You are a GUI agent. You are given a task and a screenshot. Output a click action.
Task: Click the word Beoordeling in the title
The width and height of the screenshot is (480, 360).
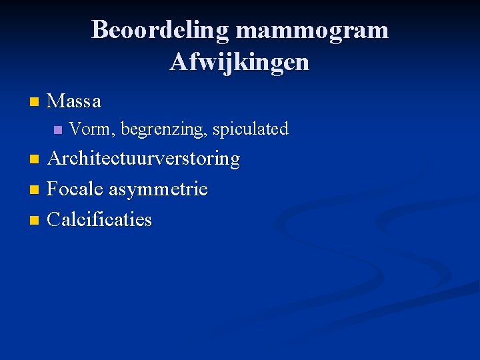(161, 30)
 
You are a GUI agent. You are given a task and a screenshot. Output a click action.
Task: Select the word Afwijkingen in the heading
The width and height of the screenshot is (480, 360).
(240, 62)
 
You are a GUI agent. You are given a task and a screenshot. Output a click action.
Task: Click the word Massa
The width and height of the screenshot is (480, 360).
(74, 101)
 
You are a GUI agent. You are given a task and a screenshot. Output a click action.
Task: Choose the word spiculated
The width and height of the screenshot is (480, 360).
(251, 129)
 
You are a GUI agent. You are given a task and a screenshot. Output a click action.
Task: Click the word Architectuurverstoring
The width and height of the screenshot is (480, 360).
(143, 159)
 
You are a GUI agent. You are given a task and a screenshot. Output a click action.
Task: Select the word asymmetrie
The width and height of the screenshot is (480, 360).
(159, 190)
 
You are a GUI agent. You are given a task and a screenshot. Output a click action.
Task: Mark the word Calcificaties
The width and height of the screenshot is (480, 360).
(100, 219)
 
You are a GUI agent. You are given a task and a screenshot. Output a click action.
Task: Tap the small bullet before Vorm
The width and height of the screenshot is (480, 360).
(57, 129)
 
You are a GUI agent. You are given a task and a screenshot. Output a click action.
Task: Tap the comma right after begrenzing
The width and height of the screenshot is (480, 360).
(208, 134)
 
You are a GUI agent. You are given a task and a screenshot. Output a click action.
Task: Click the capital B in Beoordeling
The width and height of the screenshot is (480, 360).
(99, 30)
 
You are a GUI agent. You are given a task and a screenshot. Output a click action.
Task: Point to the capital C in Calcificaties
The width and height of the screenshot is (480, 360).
(55, 219)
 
